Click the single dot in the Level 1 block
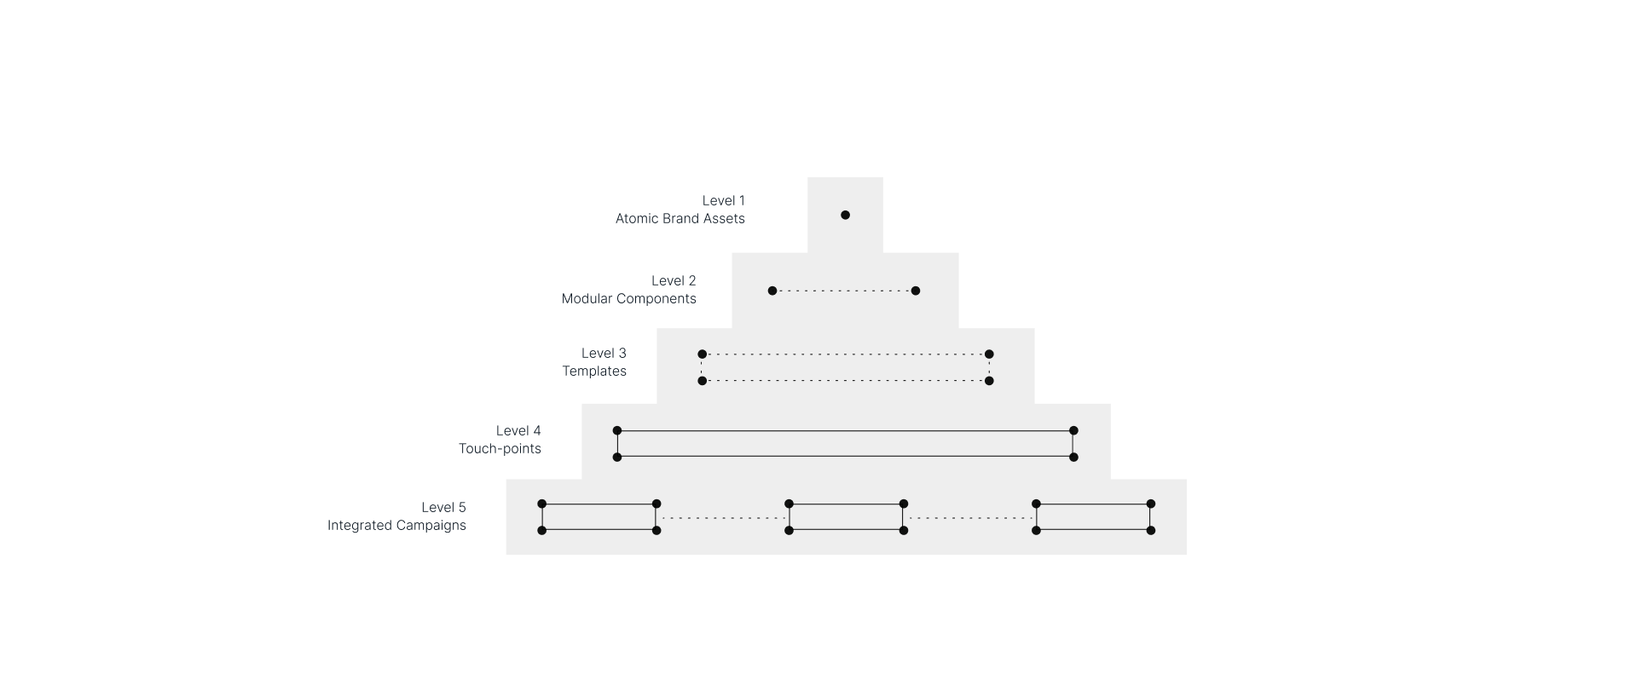(845, 215)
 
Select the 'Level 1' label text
(723, 200)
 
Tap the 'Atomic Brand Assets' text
(680, 218)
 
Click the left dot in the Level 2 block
(772, 291)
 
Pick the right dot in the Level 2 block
(916, 291)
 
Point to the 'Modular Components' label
(628, 298)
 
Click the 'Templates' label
(593, 371)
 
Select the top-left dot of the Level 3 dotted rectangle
(703, 354)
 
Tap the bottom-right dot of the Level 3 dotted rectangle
(989, 381)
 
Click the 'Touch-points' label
(500, 448)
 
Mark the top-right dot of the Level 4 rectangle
(1073, 430)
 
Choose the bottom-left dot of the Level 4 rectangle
(617, 458)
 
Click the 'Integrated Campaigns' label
(396, 525)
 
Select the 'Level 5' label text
(443, 507)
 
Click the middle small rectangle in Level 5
(846, 517)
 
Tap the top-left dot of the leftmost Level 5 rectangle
(541, 504)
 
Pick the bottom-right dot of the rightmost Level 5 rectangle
(1151, 531)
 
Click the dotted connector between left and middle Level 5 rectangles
(722, 517)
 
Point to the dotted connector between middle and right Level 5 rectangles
(969, 517)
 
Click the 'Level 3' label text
(604, 353)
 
